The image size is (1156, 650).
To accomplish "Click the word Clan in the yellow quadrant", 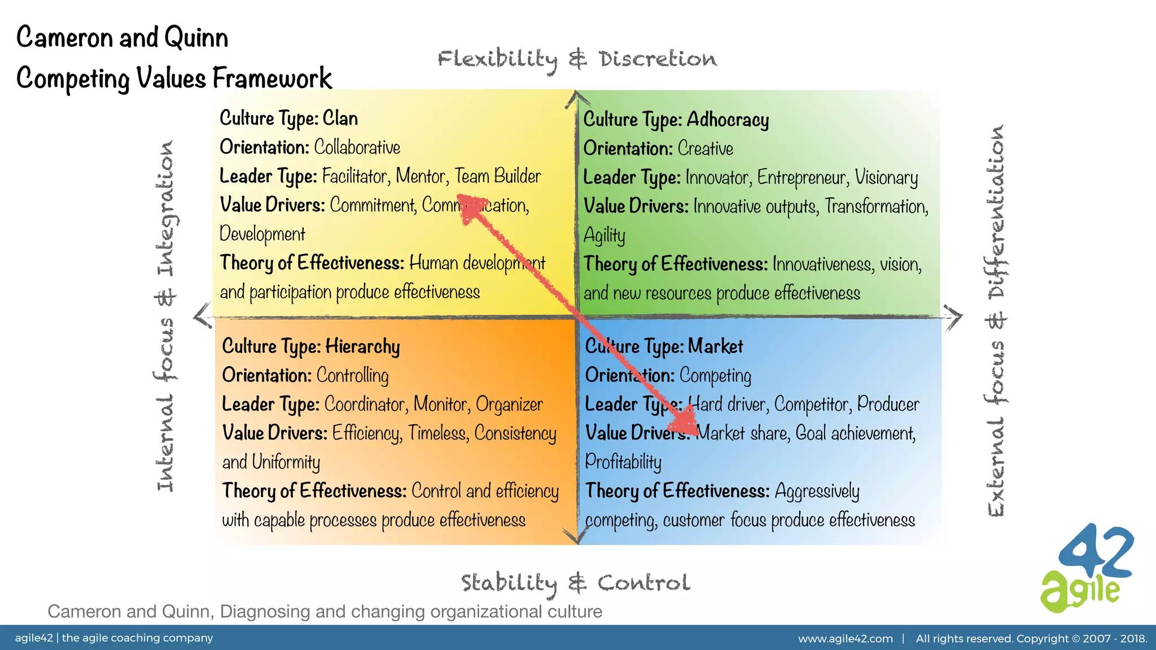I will [x=340, y=118].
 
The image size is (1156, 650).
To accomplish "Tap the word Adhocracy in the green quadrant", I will [x=728, y=120].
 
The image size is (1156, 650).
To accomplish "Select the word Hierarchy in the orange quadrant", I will [x=362, y=346].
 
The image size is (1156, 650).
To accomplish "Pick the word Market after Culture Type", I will [x=715, y=346].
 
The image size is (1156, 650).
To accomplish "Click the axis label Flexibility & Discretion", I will [x=577, y=59].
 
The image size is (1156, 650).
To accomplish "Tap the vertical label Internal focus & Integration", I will [x=165, y=316].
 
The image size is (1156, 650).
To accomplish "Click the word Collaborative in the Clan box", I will [x=357, y=147].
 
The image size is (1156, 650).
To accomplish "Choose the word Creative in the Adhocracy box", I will [x=705, y=149].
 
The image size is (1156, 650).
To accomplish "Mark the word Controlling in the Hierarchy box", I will [x=352, y=376].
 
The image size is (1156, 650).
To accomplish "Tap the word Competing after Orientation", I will [x=715, y=376].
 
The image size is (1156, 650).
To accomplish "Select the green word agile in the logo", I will [x=1079, y=592].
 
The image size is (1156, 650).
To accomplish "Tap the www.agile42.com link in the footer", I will [x=845, y=639].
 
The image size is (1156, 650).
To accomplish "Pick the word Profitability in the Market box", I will [x=623, y=462].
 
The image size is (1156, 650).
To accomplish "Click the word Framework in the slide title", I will [x=272, y=78].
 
